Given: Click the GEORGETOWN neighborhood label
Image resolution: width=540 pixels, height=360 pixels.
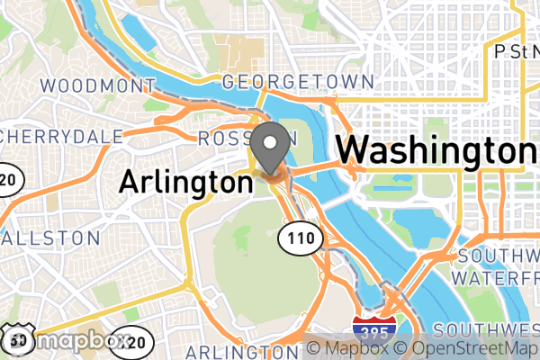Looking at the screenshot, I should point(297,82).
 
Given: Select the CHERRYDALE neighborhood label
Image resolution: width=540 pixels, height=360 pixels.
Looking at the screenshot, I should point(61,136).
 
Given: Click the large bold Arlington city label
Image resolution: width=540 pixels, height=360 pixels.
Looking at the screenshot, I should point(185,183).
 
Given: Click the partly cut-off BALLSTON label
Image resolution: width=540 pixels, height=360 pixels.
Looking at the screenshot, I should point(51,238).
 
